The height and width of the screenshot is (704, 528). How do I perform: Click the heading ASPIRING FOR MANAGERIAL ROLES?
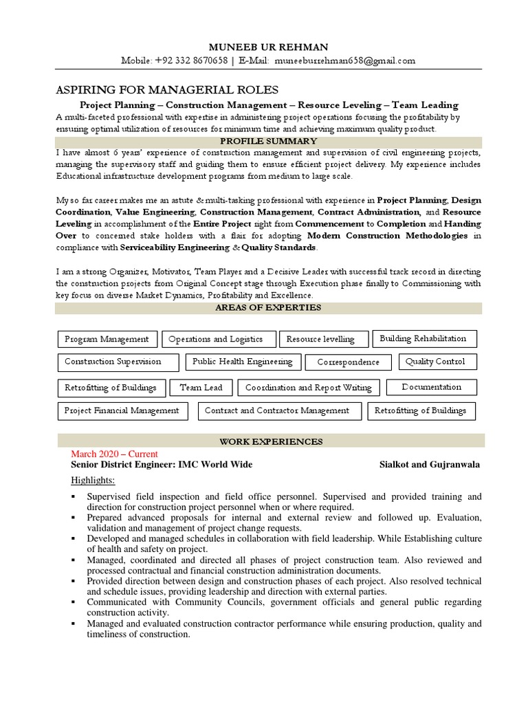167,90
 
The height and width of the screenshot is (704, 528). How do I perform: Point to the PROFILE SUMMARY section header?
269,142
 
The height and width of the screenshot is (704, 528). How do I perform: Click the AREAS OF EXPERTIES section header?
269,308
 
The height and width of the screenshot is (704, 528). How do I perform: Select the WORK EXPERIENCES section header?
270,441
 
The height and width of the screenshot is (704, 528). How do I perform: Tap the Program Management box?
107,339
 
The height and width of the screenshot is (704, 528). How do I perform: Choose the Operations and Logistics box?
216,339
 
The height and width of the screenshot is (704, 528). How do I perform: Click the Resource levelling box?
320,340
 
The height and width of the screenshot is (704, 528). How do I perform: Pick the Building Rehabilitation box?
423,338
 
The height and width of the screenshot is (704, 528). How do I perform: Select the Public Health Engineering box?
243,362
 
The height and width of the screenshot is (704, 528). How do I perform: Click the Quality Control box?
435,362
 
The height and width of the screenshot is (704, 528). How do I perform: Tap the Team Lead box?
201,388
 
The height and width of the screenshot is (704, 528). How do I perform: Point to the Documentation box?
432,387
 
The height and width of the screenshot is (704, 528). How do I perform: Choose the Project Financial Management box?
122,410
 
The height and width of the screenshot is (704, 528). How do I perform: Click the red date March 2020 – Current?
114,454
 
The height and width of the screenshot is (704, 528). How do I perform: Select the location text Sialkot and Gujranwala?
430,465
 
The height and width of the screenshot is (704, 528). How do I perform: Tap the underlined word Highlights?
93,480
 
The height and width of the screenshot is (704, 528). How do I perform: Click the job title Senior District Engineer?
118,465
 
